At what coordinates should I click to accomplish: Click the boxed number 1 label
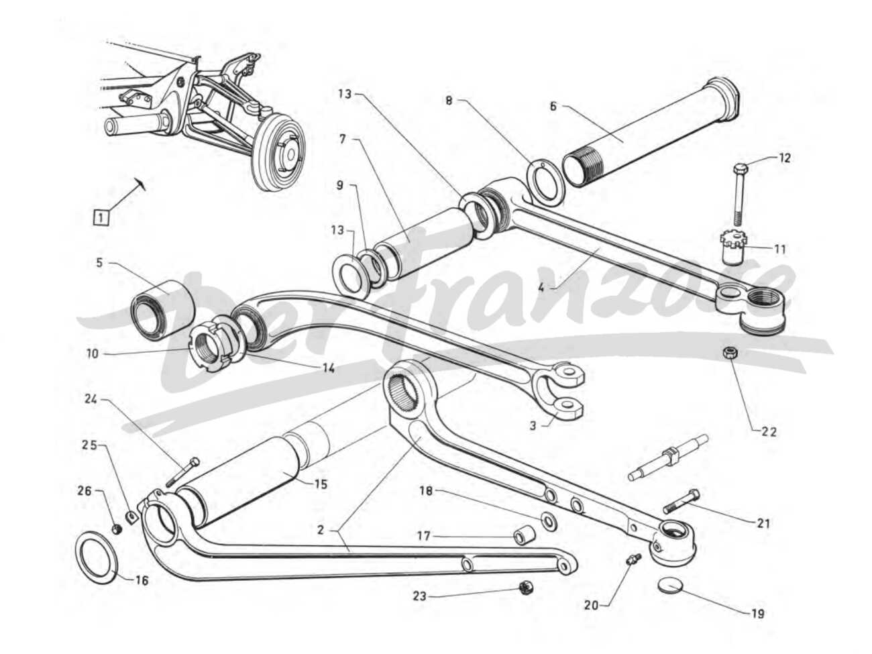[x=101, y=217]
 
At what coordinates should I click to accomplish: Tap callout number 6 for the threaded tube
[x=553, y=106]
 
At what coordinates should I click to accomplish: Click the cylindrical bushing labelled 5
[x=162, y=306]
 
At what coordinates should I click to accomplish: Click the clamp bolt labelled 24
[x=182, y=472]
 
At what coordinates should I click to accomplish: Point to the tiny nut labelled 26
[x=115, y=529]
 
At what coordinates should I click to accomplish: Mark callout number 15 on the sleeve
[x=321, y=484]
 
